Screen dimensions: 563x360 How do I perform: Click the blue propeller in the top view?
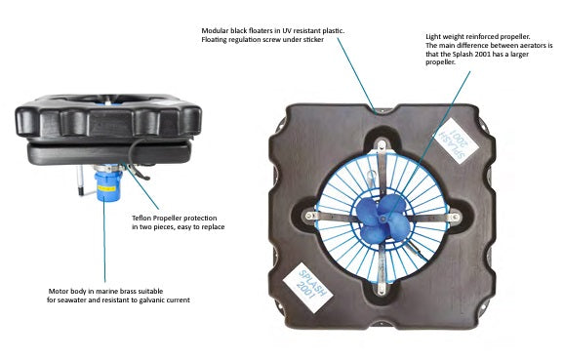pos(382,219)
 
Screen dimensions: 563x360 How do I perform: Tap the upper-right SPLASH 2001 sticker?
pos(456,141)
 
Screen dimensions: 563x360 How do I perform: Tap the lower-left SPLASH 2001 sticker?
pos(307,288)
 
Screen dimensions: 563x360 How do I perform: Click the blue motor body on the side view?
pos(107,185)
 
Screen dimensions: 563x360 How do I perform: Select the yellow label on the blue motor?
pos(106,188)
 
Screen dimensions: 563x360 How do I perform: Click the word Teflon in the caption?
pos(141,219)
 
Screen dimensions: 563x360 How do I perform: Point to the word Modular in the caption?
pos(215,31)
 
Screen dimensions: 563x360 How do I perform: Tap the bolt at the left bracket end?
pos(308,216)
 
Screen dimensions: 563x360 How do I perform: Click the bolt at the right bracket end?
pos(456,217)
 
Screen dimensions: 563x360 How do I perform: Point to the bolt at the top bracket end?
pos(382,145)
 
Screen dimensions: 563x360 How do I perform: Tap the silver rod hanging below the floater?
pos(81,180)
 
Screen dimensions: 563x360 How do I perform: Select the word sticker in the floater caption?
pos(313,39)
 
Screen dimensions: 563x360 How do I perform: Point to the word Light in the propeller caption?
pos(432,37)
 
